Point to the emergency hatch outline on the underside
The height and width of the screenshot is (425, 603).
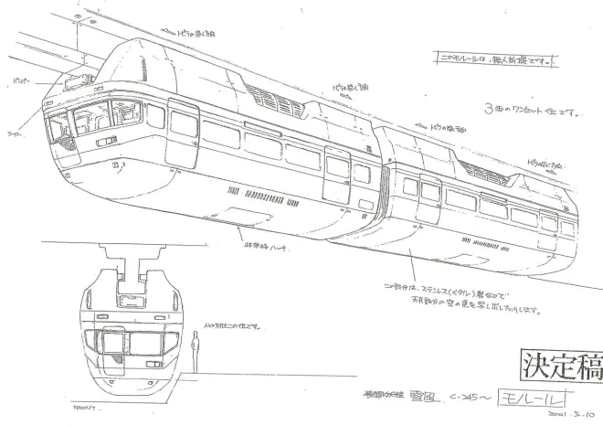click(x=254, y=217)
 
